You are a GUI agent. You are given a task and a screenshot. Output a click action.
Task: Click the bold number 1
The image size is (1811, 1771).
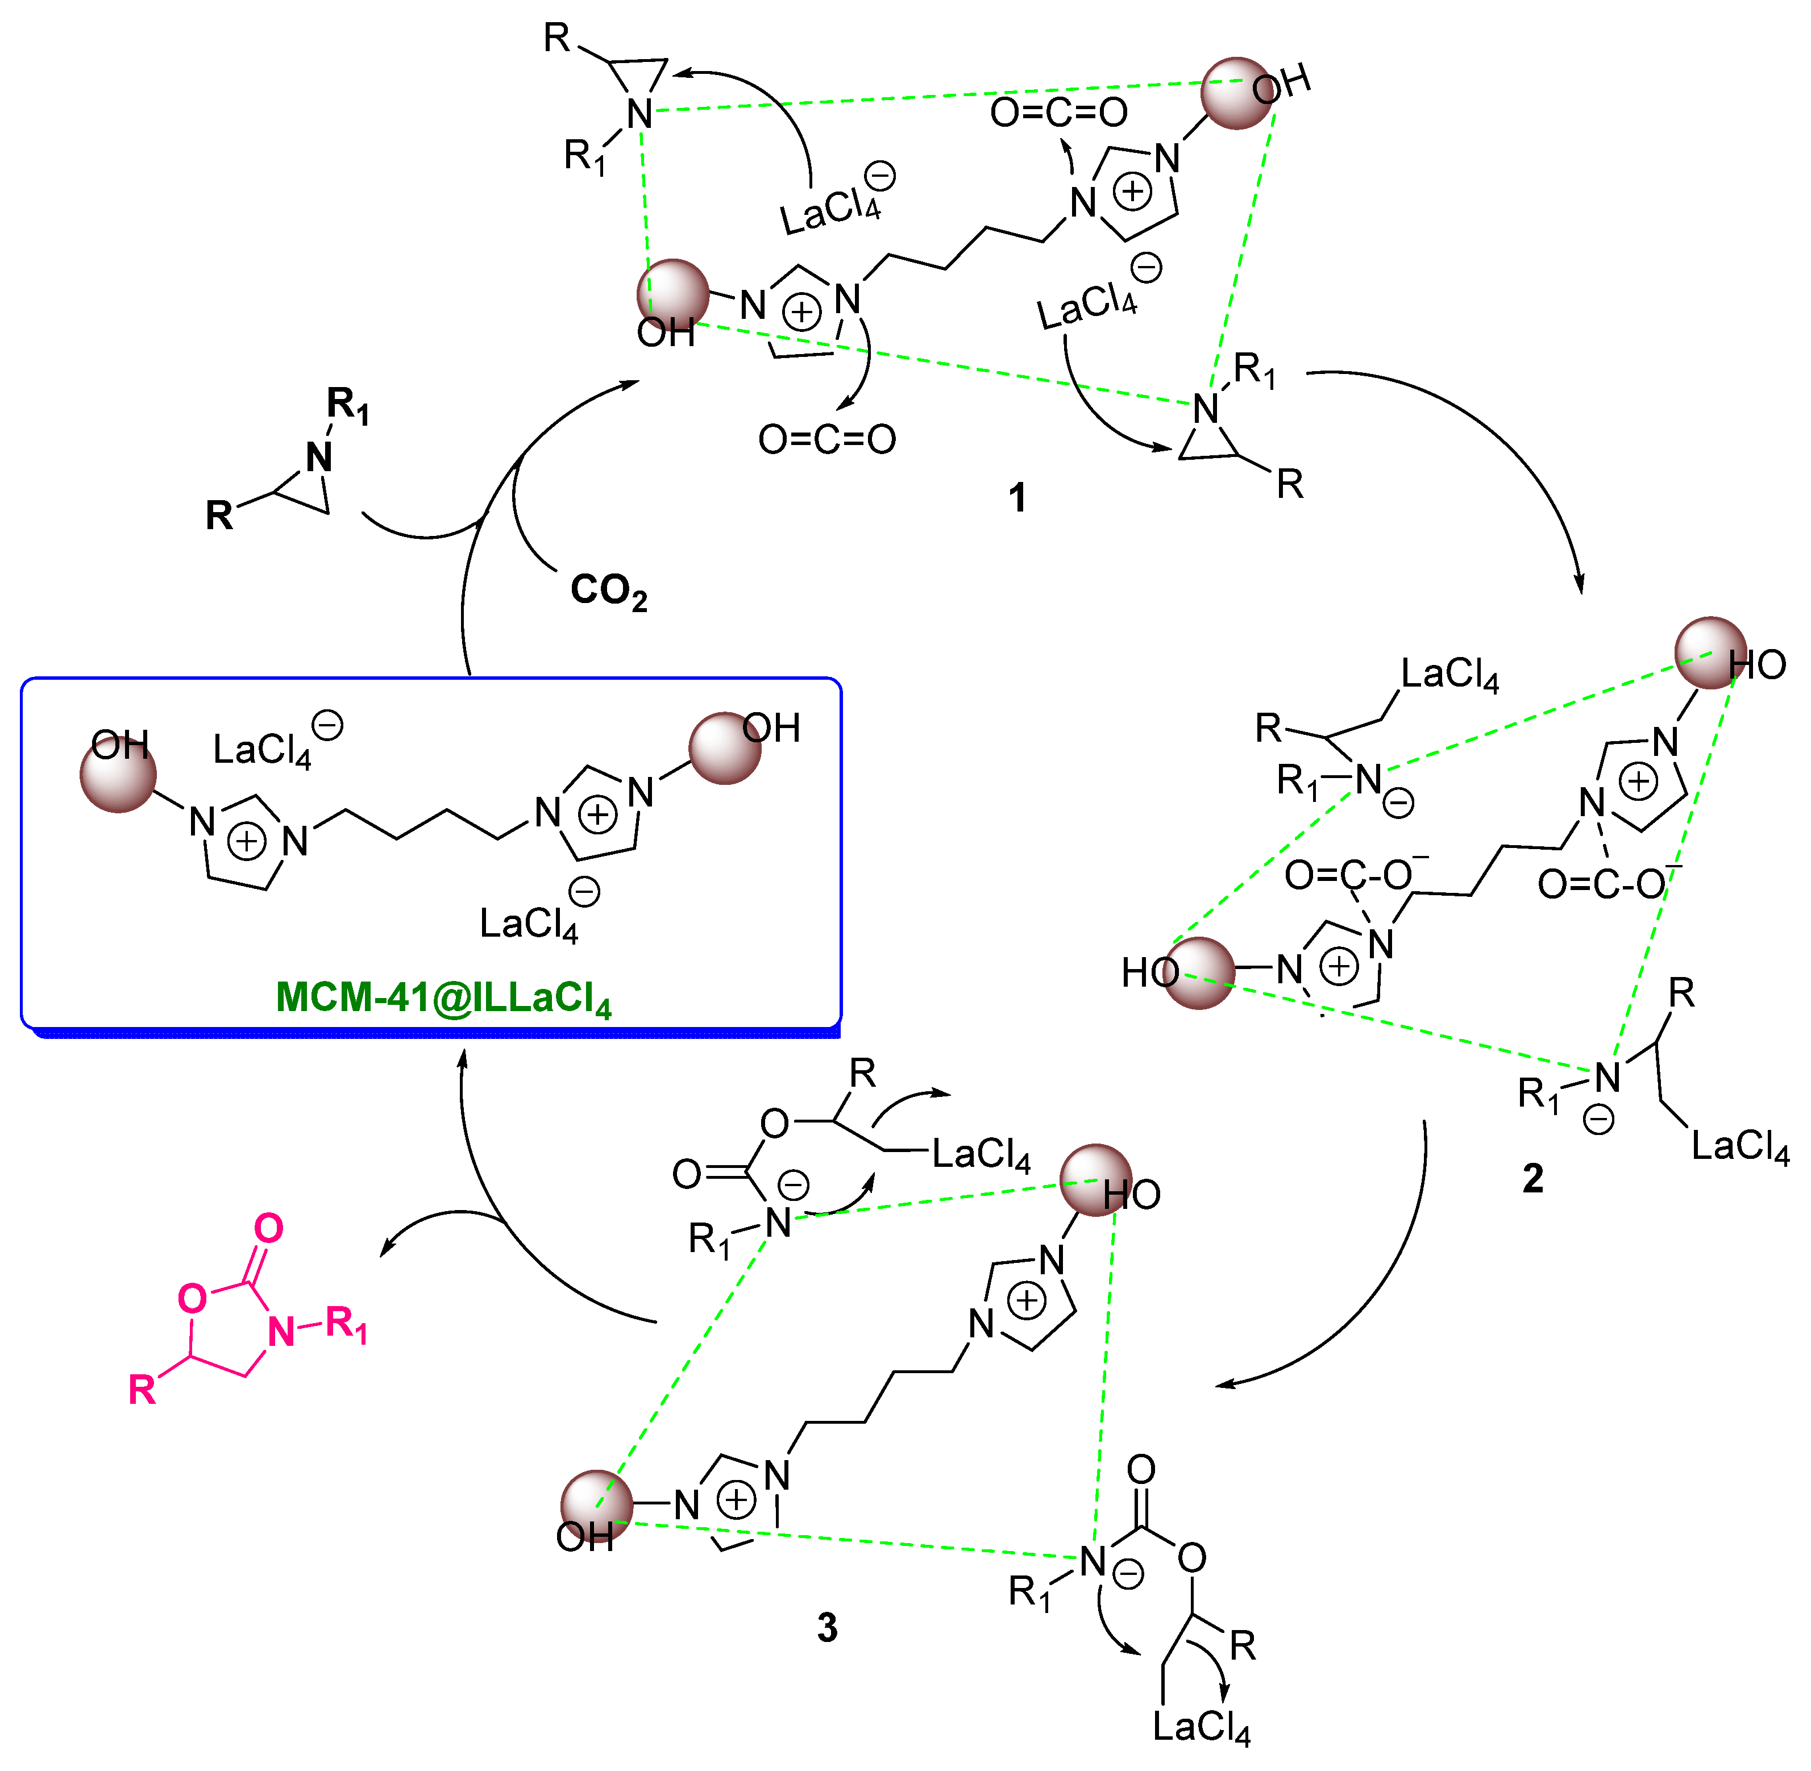click(x=1017, y=498)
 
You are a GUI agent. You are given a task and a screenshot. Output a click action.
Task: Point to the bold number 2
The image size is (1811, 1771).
click(x=1533, y=1179)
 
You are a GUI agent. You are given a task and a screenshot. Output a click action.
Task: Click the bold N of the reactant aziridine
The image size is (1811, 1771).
click(x=319, y=458)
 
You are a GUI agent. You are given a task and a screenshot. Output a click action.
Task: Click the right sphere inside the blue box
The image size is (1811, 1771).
click(x=725, y=749)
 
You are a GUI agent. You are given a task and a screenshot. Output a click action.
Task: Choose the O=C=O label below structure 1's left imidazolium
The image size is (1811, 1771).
click(x=827, y=439)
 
